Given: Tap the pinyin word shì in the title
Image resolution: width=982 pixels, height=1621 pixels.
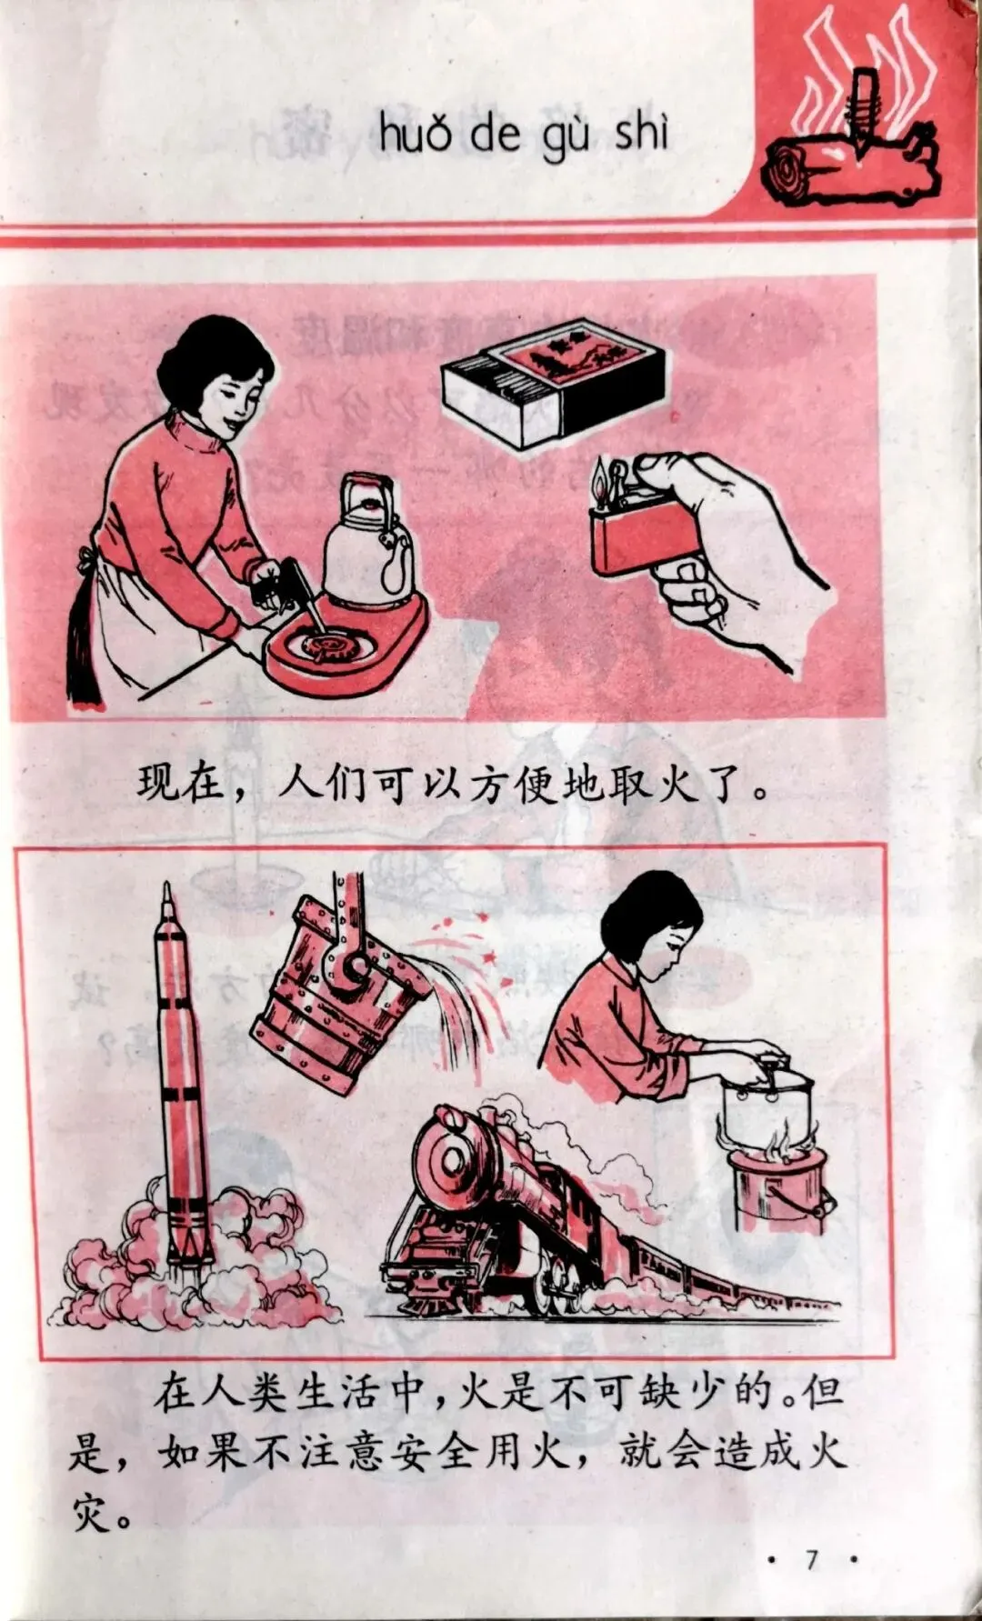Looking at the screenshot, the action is click(x=642, y=134).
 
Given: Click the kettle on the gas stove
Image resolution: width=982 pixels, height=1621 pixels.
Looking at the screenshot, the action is click(x=368, y=541).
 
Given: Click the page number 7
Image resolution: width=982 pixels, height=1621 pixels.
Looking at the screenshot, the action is click(x=811, y=1560).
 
